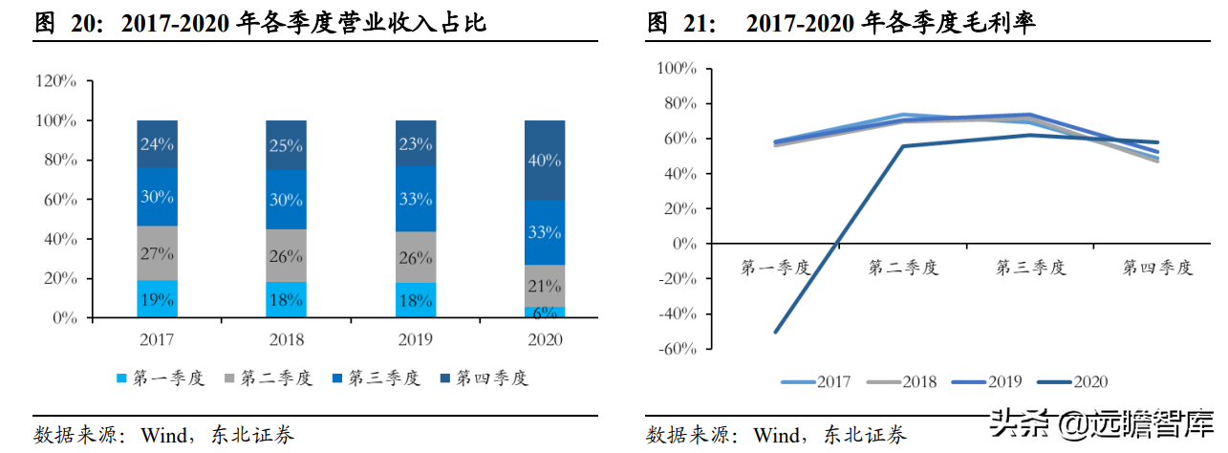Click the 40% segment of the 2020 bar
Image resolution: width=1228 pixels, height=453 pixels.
coord(544,161)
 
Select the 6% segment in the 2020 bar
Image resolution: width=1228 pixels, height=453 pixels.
coord(544,312)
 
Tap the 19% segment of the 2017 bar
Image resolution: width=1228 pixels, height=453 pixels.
coord(157,299)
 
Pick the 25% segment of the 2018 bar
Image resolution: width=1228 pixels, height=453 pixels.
coord(286,145)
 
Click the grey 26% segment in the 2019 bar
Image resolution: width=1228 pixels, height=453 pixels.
coord(415,257)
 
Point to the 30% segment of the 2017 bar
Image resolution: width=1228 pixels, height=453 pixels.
coord(157,197)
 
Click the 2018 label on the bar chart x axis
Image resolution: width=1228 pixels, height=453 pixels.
coord(286,339)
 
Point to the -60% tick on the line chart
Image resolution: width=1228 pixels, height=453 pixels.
coord(677,350)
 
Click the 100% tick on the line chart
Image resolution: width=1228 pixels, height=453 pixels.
coord(677,69)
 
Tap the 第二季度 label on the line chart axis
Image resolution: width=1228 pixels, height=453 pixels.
coord(903,268)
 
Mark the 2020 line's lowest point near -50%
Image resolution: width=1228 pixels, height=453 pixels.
coord(775,332)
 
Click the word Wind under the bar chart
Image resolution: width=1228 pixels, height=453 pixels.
coord(165,436)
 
